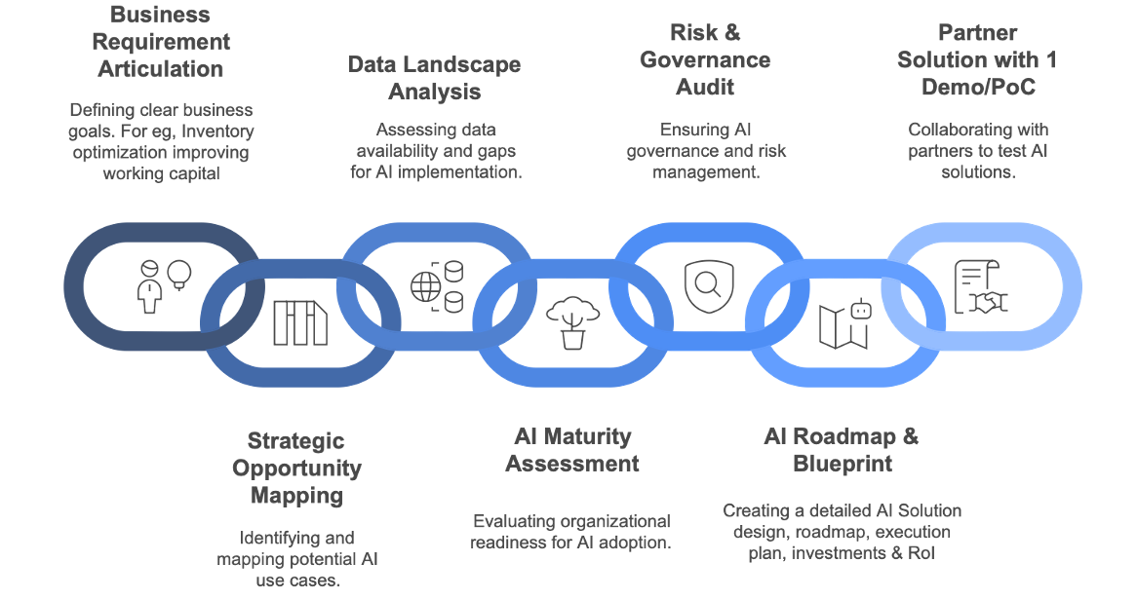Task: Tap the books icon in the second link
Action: tap(300, 322)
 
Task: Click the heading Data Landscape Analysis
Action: tap(435, 78)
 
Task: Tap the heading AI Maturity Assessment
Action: tap(572, 449)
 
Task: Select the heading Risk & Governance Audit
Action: tap(705, 59)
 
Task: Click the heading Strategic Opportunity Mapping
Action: tap(296, 468)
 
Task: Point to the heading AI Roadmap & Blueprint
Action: tap(842, 449)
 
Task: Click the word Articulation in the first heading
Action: tap(161, 69)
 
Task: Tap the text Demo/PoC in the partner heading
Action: tap(978, 87)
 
